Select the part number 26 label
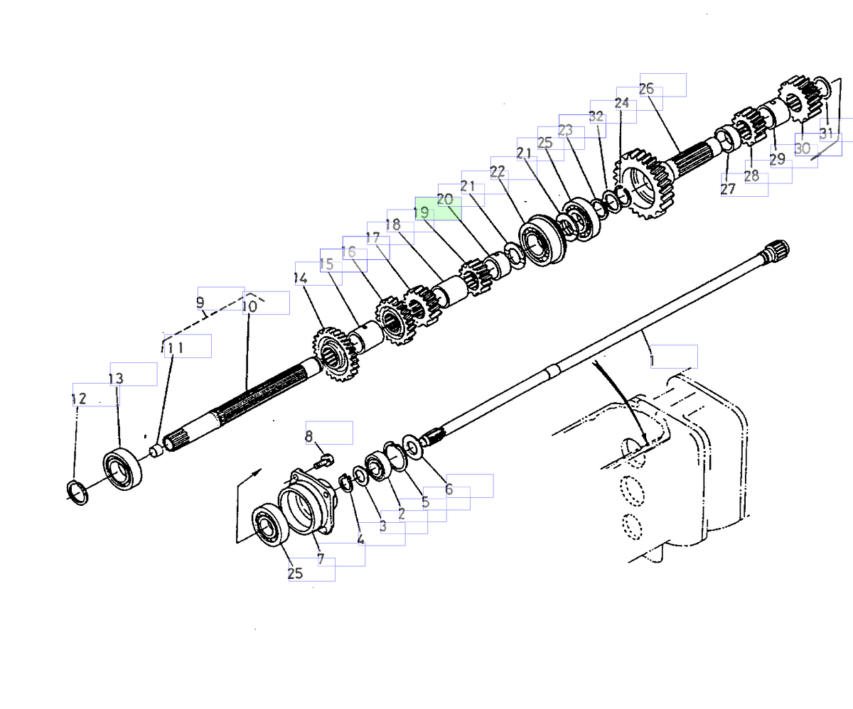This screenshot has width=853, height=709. click(x=646, y=89)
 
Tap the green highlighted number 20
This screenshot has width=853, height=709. click(x=445, y=200)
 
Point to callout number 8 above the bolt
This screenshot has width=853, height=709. click(x=309, y=436)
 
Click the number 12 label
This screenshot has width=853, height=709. click(x=79, y=400)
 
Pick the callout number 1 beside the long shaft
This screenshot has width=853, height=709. click(x=652, y=361)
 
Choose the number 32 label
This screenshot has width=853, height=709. click(x=596, y=117)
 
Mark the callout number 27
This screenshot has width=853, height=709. click(x=727, y=189)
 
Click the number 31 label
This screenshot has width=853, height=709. click(x=826, y=133)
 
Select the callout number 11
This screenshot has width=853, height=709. click(x=173, y=348)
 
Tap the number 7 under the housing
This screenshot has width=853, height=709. click(x=321, y=559)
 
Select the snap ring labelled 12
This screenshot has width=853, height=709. click(x=77, y=491)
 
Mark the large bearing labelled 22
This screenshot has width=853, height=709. click(x=542, y=242)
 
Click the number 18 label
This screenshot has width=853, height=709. click(x=393, y=224)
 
